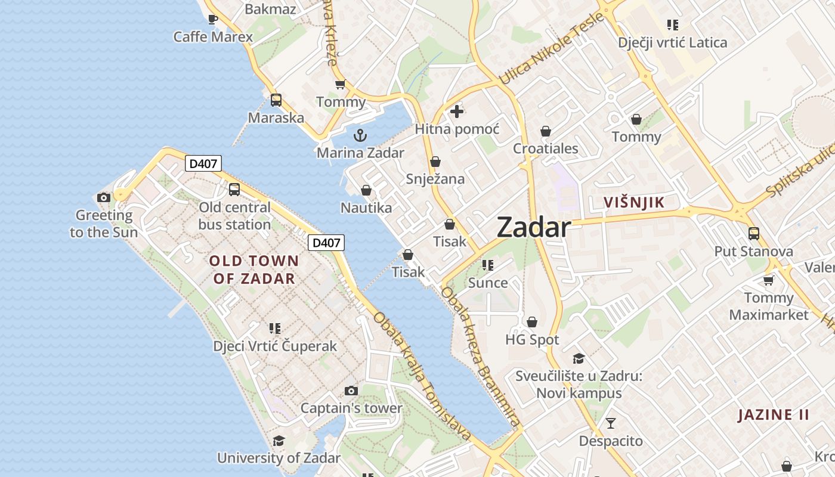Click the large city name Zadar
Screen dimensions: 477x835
[x=533, y=228]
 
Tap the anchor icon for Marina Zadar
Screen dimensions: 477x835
[x=360, y=135]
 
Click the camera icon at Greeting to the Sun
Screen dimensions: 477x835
[x=104, y=197]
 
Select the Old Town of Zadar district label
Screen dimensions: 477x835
[x=254, y=270]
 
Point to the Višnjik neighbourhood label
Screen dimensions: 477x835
[x=633, y=203]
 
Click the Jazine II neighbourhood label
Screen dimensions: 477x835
[x=773, y=415]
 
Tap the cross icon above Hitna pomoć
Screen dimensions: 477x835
[x=457, y=111]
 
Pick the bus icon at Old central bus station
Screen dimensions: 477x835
[x=234, y=190]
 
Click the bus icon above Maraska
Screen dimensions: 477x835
[x=276, y=100]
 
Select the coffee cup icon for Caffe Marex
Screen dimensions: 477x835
[x=212, y=19]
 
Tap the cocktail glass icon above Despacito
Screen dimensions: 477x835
[x=611, y=423]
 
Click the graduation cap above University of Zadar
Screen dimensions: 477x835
[x=279, y=441]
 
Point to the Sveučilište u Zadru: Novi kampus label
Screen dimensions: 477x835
[x=579, y=385]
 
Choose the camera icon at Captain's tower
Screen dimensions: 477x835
[x=351, y=391]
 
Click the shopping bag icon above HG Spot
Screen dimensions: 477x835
[x=532, y=322]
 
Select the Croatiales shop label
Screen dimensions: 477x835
[x=546, y=148]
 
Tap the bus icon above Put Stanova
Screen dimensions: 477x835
[x=754, y=233]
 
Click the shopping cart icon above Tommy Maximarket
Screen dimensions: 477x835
[x=769, y=280]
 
